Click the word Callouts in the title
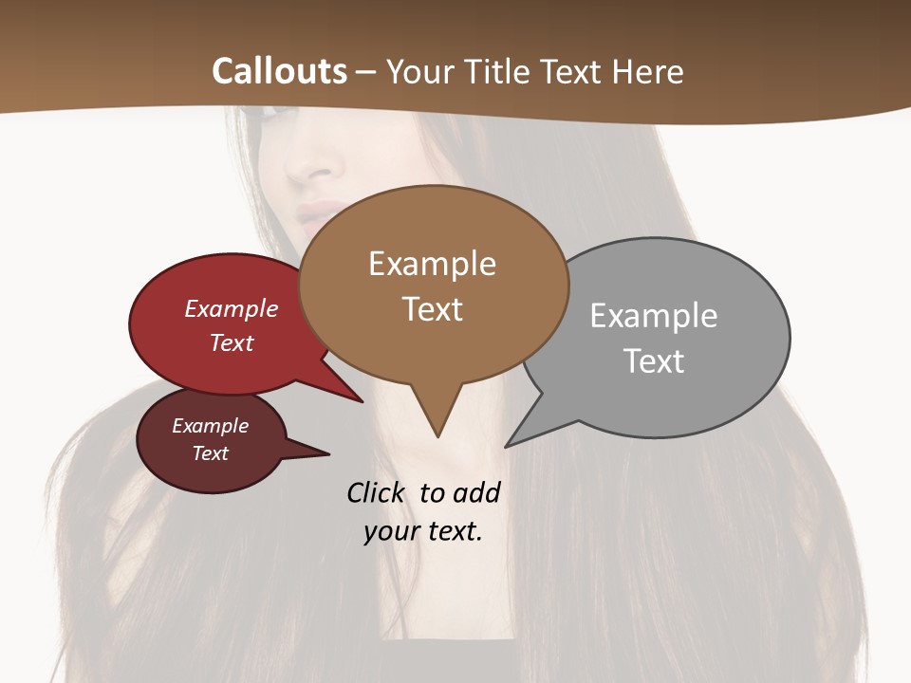click(x=279, y=71)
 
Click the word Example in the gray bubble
click(x=653, y=315)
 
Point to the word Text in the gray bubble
click(x=653, y=361)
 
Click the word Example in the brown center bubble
click(x=432, y=264)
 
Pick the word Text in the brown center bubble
click(x=432, y=309)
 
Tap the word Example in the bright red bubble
click(x=232, y=308)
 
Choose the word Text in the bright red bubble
click(x=232, y=342)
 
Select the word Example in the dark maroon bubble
click(x=210, y=426)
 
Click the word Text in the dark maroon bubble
click(x=210, y=453)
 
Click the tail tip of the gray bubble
click(x=508, y=445)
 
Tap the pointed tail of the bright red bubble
click(x=361, y=400)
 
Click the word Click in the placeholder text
click(x=376, y=492)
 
